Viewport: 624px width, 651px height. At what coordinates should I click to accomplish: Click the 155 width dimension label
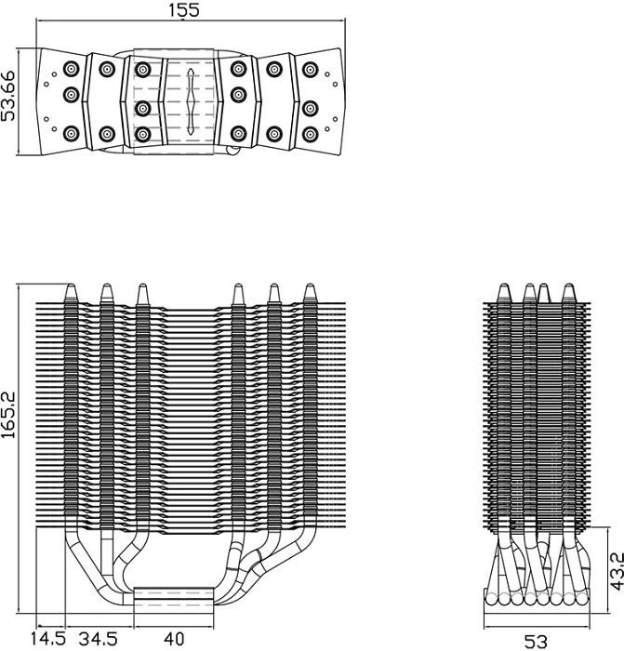184,10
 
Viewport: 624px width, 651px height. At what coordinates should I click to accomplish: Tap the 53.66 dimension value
7,97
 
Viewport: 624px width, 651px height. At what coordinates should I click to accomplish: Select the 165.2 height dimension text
7,415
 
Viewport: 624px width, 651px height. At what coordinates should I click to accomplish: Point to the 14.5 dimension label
47,638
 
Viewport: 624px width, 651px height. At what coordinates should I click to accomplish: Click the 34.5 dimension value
99,638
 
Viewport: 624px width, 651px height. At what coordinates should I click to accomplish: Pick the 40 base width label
174,638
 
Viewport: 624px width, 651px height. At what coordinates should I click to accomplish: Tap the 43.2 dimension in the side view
617,570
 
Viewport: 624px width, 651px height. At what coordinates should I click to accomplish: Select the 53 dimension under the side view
536,642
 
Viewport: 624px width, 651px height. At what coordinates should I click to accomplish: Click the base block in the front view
174,600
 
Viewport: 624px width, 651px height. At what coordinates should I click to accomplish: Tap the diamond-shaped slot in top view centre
191,101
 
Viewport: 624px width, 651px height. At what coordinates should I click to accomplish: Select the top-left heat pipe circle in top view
72,69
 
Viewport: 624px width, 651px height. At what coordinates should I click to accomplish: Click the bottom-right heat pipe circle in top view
310,134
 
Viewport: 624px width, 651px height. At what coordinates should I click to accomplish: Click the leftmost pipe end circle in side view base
491,599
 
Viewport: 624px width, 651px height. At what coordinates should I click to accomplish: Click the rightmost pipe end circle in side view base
582,599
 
